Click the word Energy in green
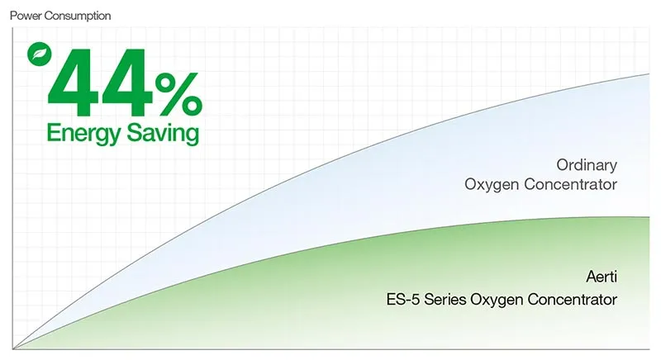[80, 133]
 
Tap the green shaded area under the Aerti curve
[330, 306]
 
